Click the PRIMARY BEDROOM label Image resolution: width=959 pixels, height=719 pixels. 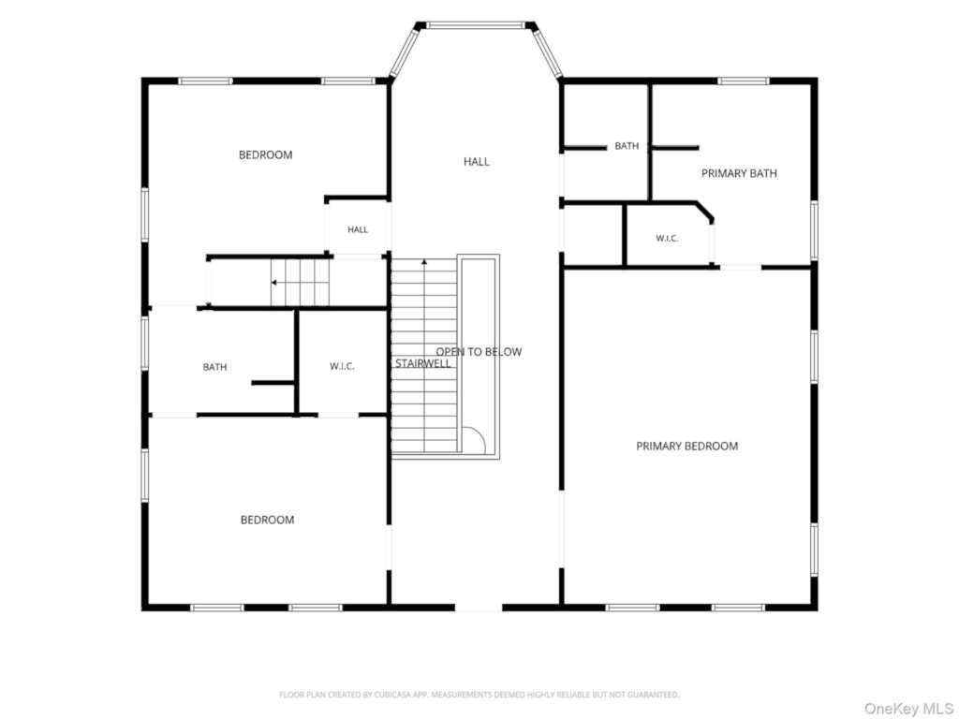[686, 447]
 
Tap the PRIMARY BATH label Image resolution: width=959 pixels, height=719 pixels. [739, 173]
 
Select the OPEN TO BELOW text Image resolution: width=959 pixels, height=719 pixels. [479, 352]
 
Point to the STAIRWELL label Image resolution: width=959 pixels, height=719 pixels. [422, 364]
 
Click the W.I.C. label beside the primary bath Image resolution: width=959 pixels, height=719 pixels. [667, 239]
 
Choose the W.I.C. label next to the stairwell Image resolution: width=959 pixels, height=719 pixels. [342, 366]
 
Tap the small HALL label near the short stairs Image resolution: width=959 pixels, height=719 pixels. [358, 230]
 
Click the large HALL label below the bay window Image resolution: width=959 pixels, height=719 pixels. [477, 161]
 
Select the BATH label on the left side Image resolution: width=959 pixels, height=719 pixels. [214, 367]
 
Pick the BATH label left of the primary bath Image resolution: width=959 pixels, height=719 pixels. [627, 145]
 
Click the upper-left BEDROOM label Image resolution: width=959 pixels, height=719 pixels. [265, 154]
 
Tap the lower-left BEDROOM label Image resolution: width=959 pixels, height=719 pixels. [267, 520]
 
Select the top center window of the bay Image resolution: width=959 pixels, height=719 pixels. [476, 25]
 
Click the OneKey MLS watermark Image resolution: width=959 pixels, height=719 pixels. [908, 708]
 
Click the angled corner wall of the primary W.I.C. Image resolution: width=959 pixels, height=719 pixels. [704, 211]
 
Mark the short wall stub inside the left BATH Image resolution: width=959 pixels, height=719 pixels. [273, 383]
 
